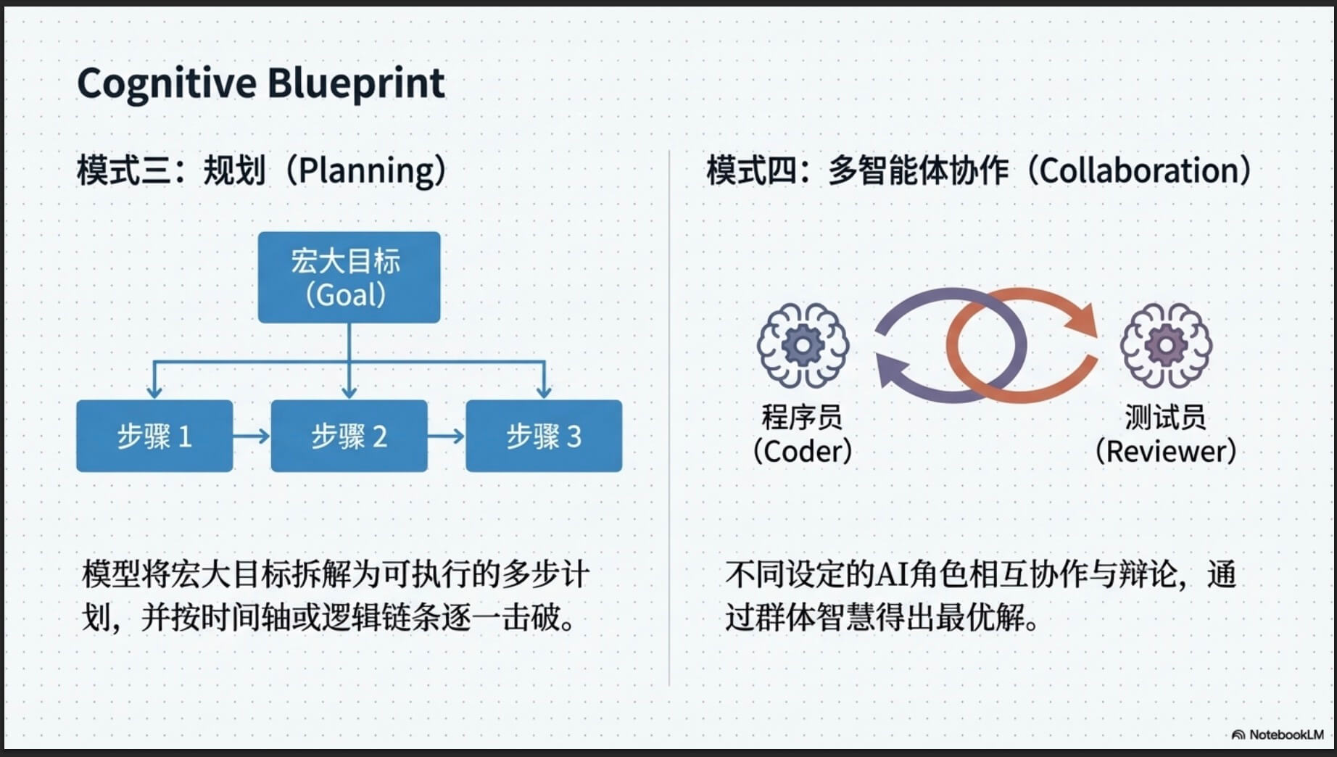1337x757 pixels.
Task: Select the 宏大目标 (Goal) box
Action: tap(349, 277)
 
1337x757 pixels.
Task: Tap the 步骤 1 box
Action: tap(154, 436)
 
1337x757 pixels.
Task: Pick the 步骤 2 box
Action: tap(349, 436)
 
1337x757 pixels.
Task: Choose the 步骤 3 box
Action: tap(544, 436)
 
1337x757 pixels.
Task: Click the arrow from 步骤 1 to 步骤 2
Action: tap(252, 436)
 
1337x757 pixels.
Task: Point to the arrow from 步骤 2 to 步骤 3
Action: tap(447, 436)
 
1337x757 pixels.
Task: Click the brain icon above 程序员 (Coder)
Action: tap(803, 345)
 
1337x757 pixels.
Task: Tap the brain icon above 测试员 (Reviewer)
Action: tap(1165, 345)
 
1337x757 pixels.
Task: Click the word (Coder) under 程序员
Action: tap(803, 451)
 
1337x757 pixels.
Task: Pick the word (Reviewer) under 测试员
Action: tap(1165, 451)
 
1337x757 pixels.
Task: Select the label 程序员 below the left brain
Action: tap(802, 417)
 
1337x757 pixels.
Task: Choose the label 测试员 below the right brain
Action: tap(1165, 417)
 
